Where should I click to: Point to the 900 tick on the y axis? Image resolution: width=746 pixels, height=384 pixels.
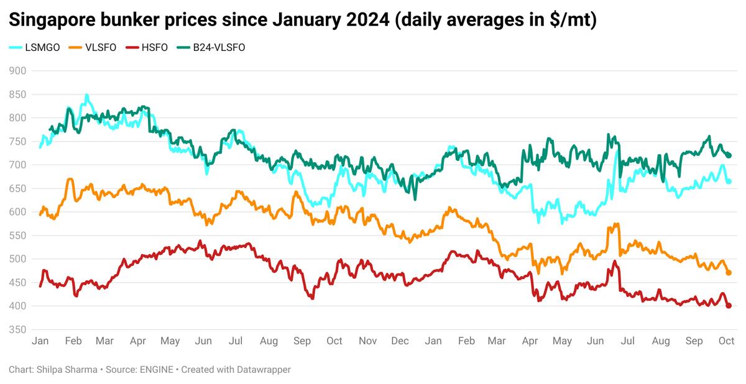(x=17, y=71)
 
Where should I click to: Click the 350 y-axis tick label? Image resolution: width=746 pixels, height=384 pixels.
(x=17, y=330)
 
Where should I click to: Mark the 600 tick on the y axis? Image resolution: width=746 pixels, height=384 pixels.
(x=17, y=212)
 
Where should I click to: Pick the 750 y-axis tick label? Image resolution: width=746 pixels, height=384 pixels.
(x=17, y=142)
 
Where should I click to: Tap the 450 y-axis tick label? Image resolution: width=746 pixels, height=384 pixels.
(x=17, y=283)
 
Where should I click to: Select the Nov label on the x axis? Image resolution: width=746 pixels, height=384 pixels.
(x=367, y=341)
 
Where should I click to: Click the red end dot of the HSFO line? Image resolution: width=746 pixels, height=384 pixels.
(x=729, y=305)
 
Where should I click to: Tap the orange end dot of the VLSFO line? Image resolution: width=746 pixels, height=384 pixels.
(x=729, y=273)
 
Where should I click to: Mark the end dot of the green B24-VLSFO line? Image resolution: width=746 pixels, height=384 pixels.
(x=729, y=155)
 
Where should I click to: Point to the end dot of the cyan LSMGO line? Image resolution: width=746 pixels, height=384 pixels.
(x=729, y=181)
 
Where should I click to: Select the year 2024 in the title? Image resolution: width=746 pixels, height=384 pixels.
(x=367, y=21)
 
